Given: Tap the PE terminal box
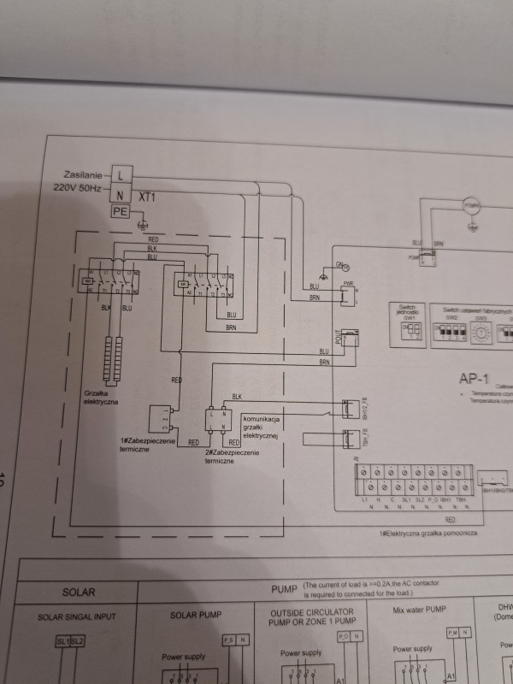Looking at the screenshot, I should point(121,212).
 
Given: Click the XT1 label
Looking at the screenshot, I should point(148,197).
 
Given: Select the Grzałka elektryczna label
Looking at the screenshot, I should point(102,396).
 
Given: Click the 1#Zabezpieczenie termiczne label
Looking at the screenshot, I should point(148,445).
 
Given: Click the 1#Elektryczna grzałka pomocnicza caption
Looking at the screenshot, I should point(427,533).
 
